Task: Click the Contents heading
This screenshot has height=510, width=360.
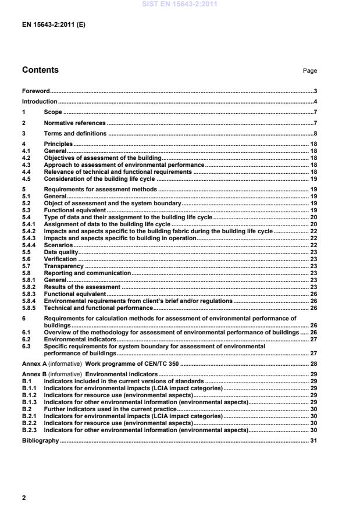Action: [40, 70]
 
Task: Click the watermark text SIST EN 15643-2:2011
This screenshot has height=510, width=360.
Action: [179, 4]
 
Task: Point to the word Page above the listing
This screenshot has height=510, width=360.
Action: [309, 71]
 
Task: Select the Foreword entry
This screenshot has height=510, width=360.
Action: [35, 91]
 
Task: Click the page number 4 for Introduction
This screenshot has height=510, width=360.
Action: [315, 102]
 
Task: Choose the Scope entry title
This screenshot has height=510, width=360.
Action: [53, 112]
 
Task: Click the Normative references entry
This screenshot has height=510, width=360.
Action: [74, 123]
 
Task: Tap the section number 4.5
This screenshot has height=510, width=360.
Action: [27, 180]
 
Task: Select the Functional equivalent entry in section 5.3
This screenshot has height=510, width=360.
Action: [75, 210]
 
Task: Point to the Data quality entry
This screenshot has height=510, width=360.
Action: [60, 252]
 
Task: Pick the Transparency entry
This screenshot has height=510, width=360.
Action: [63, 266]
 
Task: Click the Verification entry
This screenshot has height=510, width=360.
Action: [60, 259]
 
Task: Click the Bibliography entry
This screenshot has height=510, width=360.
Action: [40, 441]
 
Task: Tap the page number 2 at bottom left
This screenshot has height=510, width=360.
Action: [24, 498]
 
